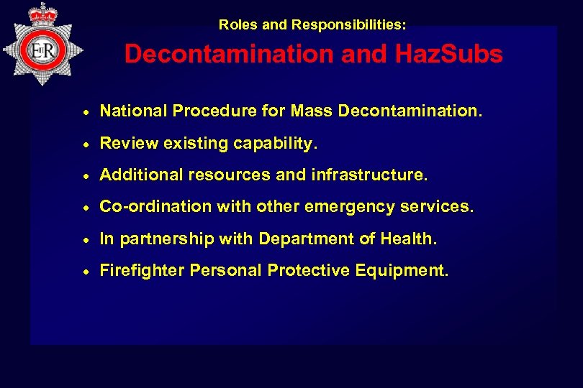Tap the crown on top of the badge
[x=43, y=12]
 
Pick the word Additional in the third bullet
[x=141, y=175]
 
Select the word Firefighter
[x=142, y=271]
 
